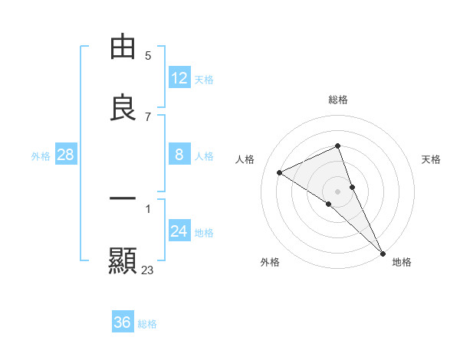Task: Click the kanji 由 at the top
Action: (x=123, y=47)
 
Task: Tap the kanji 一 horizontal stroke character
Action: (x=123, y=198)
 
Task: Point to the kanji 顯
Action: (x=123, y=260)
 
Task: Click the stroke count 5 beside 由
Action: (x=148, y=55)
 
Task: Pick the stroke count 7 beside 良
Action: (x=148, y=116)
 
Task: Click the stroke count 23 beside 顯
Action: (x=148, y=270)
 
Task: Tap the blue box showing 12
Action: (x=179, y=78)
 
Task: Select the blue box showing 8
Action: (x=179, y=155)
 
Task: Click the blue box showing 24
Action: (x=179, y=231)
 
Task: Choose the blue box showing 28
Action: (x=66, y=155)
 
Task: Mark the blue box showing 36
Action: (x=123, y=322)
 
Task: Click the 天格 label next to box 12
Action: (x=204, y=79)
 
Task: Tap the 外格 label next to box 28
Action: (x=41, y=155)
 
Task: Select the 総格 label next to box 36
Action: (x=147, y=323)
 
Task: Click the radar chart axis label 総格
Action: (x=338, y=100)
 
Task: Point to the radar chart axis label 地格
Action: (x=402, y=262)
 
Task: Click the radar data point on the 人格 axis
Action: (x=280, y=172)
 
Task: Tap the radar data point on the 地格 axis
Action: (x=383, y=252)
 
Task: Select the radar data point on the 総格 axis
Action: (x=338, y=146)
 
